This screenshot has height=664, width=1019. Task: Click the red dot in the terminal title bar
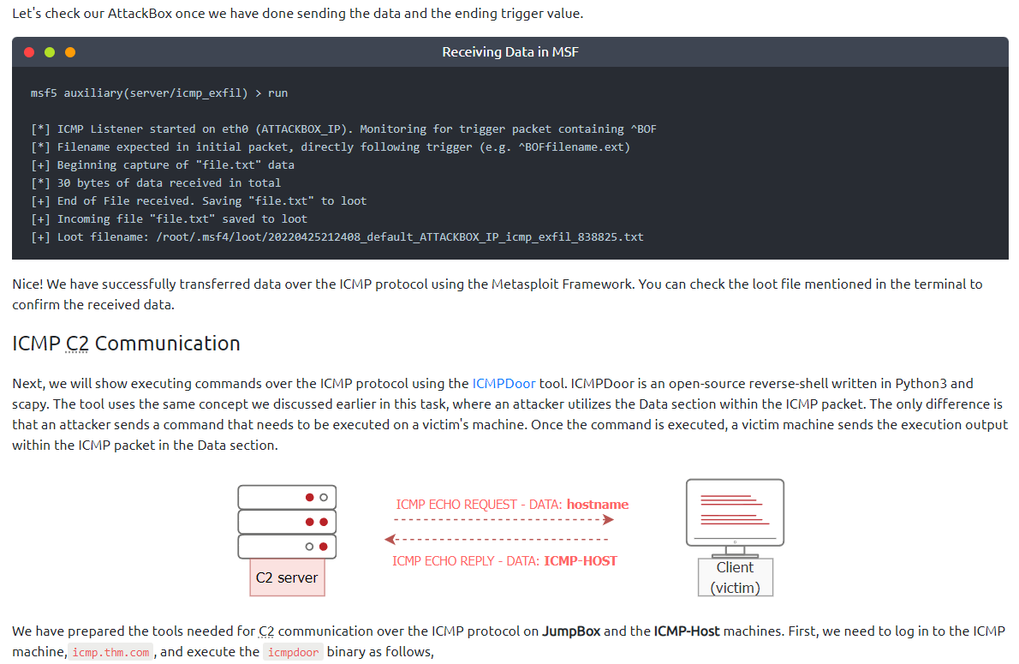(x=29, y=52)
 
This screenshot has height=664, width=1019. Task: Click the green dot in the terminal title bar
(x=50, y=52)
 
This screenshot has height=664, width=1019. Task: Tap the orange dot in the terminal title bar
(x=70, y=52)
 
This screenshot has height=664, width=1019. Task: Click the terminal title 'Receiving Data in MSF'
(x=509, y=52)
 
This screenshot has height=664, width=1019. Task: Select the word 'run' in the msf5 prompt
(x=277, y=93)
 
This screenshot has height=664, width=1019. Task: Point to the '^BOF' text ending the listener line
(x=643, y=129)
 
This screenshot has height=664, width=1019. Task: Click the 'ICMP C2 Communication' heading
(x=126, y=344)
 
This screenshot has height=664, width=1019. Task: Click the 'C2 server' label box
(x=287, y=577)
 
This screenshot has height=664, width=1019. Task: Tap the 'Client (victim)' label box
(x=735, y=577)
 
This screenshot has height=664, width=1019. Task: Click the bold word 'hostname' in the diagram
(x=597, y=505)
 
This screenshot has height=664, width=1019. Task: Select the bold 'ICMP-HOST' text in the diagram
(x=581, y=561)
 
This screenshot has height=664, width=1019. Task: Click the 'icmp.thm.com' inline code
(x=110, y=652)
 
